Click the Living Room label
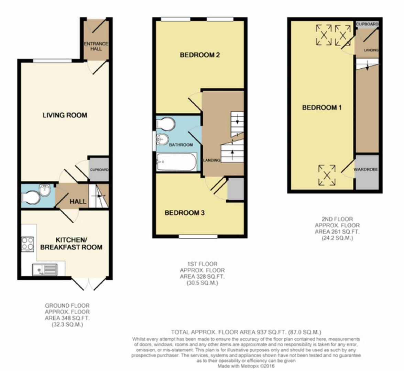tap(65, 115)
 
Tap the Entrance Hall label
tap(96, 46)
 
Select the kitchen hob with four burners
tap(28, 244)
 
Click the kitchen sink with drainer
tap(45, 270)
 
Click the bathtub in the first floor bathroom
tap(176, 162)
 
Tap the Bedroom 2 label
tap(200, 55)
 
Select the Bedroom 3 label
tap(185, 213)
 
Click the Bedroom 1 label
tap(322, 108)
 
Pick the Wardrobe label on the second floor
tap(366, 169)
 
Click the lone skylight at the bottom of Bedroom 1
tap(327, 175)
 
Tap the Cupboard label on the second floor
tap(367, 24)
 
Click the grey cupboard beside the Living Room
tap(99, 169)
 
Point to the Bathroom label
tap(181, 145)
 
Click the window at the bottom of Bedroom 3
tap(198, 236)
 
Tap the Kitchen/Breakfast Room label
tap(71, 244)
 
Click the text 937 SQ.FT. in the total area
tap(272, 332)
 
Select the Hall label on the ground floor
tap(78, 202)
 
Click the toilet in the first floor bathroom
tap(166, 124)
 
